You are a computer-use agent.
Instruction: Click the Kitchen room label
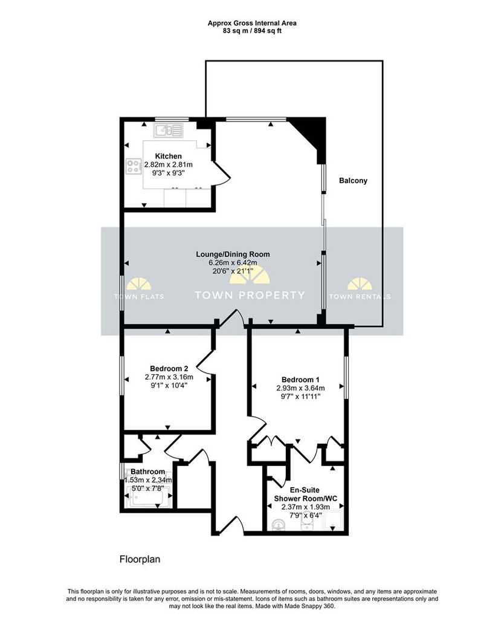168,157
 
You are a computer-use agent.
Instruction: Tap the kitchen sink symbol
169,131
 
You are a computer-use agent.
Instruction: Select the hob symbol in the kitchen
134,166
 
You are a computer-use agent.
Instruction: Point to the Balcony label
354,181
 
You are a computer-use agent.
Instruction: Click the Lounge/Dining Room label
233,254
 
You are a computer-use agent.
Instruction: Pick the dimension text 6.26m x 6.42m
233,263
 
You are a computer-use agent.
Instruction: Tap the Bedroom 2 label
169,369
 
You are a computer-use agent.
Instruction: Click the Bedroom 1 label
301,380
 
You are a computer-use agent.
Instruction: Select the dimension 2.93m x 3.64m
301,389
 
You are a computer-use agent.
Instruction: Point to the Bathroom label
147,472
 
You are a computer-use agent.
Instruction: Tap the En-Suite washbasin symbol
280,525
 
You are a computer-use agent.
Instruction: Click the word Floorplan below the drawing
140,559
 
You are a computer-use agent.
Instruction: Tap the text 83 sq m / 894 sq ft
252,30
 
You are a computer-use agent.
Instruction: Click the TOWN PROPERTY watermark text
250,295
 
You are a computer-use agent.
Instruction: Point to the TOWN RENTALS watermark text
360,296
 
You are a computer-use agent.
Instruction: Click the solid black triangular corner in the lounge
312,134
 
